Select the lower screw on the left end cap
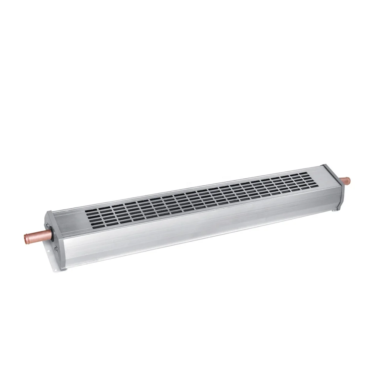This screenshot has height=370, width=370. [x=56, y=249]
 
